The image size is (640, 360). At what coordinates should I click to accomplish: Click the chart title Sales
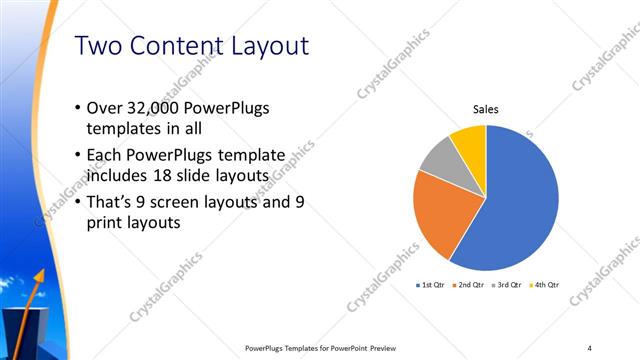pos(486,110)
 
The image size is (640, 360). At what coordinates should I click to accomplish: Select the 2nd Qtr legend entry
pos(469,285)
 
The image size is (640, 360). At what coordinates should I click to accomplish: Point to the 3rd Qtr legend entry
pos(507,285)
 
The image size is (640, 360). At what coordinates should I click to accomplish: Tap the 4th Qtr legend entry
pos(544,285)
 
